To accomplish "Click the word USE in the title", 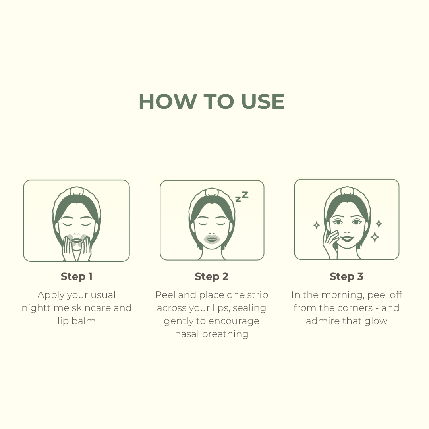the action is click(x=263, y=102).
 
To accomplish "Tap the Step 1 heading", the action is click(x=77, y=276).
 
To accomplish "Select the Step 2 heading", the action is click(x=211, y=276).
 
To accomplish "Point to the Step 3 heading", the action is click(x=346, y=276).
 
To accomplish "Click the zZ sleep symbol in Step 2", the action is click(x=242, y=197).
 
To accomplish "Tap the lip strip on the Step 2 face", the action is click(x=212, y=240).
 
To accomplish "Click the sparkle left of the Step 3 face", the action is click(x=317, y=225).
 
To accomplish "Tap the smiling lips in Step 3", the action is click(x=347, y=238).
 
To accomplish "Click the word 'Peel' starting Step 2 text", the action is click(x=165, y=295).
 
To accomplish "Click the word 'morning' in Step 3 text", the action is click(x=343, y=295).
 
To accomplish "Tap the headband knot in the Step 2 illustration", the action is click(x=212, y=192).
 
